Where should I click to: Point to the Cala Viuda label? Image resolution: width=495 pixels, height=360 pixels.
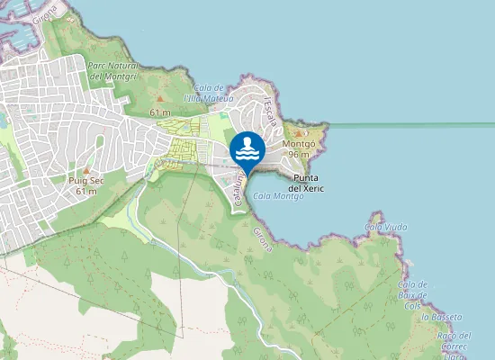386,227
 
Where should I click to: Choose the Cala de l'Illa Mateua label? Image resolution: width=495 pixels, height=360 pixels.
208,93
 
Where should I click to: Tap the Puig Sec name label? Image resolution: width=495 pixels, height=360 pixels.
86,181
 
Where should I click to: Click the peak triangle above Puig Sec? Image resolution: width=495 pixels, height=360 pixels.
86,170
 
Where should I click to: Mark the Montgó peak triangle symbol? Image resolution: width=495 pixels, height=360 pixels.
299,133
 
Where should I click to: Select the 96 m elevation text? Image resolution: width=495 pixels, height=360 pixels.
299,154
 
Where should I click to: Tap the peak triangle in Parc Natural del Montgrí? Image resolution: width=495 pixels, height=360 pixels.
160,97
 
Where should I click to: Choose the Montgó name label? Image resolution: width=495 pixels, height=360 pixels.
299,144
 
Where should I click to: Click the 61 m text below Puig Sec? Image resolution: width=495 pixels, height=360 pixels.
86,191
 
